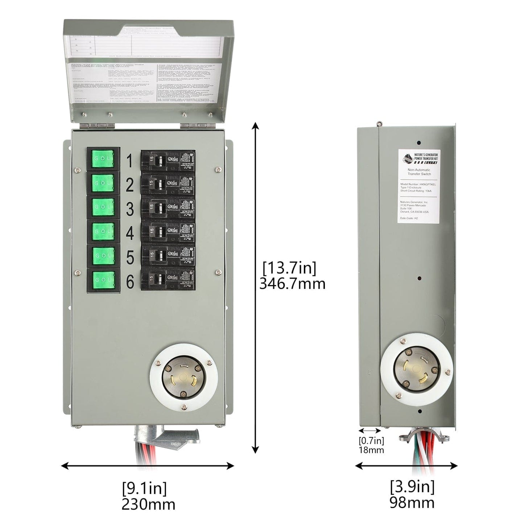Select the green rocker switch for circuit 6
coord(103,280)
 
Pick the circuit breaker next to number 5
coord(168,255)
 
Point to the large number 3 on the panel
coord(130,209)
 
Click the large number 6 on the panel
coord(130,282)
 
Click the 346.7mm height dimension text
coord(292,284)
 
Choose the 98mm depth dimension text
coord(412,503)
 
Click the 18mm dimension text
coord(371,450)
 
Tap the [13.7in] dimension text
coord(289,268)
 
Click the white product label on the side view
coord(420,186)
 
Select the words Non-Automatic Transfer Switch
coord(419,172)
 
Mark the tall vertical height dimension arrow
coord(256,288)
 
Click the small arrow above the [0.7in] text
coord(370,430)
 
